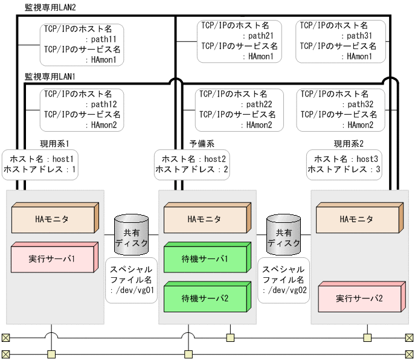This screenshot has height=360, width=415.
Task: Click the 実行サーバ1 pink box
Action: [x=53, y=259]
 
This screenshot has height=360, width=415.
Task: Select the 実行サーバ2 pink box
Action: [x=359, y=298]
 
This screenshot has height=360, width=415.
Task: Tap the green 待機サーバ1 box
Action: [x=205, y=259]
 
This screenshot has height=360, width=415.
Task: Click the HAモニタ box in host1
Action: [x=53, y=219]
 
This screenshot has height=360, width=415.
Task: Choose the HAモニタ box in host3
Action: [x=356, y=219]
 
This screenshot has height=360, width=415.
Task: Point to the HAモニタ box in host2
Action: [x=205, y=219]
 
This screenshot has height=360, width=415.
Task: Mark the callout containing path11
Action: [x=82, y=45]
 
